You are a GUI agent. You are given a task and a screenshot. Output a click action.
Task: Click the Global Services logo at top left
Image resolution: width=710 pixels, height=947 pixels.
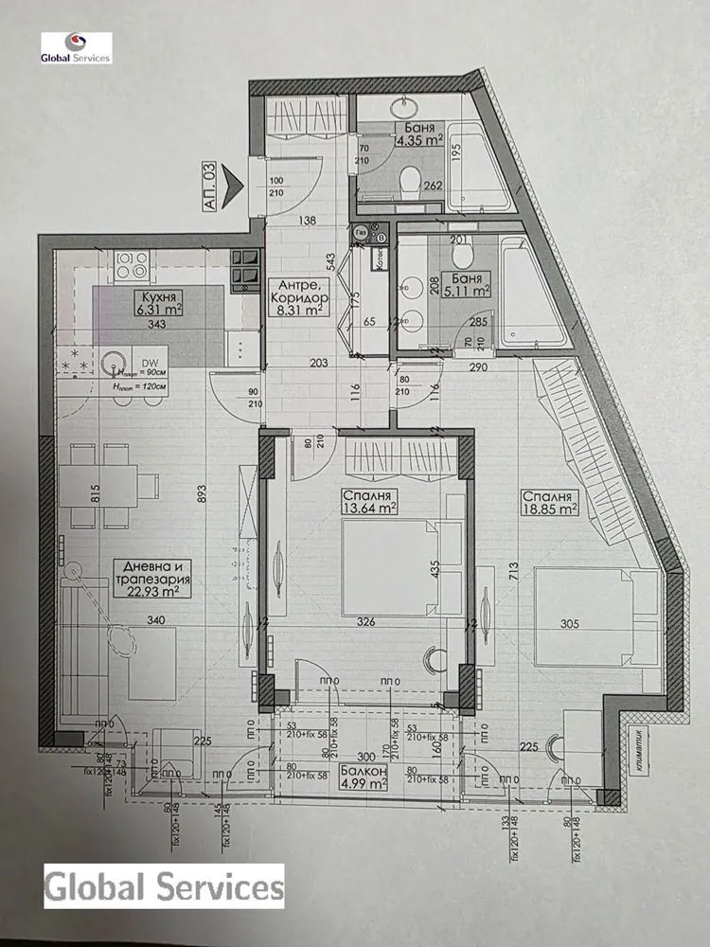coord(76,48)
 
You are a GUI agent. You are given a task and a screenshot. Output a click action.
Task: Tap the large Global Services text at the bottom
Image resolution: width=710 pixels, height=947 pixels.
coord(165,887)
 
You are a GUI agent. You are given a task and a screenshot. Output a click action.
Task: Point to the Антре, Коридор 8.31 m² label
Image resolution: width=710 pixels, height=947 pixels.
coord(297,295)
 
